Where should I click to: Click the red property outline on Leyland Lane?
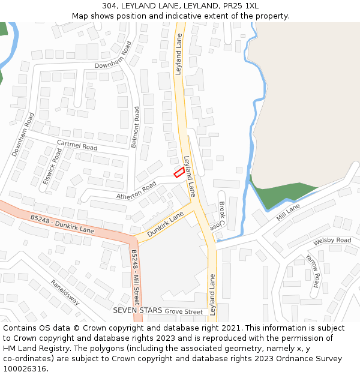click(x=179, y=172)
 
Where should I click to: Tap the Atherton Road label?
click(x=136, y=191)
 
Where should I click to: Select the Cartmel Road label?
click(x=76, y=145)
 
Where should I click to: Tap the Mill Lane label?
click(x=289, y=212)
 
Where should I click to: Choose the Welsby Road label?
click(x=332, y=240)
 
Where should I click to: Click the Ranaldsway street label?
click(x=65, y=292)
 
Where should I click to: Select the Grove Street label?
click(x=184, y=312)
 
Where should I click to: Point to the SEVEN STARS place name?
click(x=137, y=310)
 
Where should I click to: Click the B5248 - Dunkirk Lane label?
click(x=62, y=224)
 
